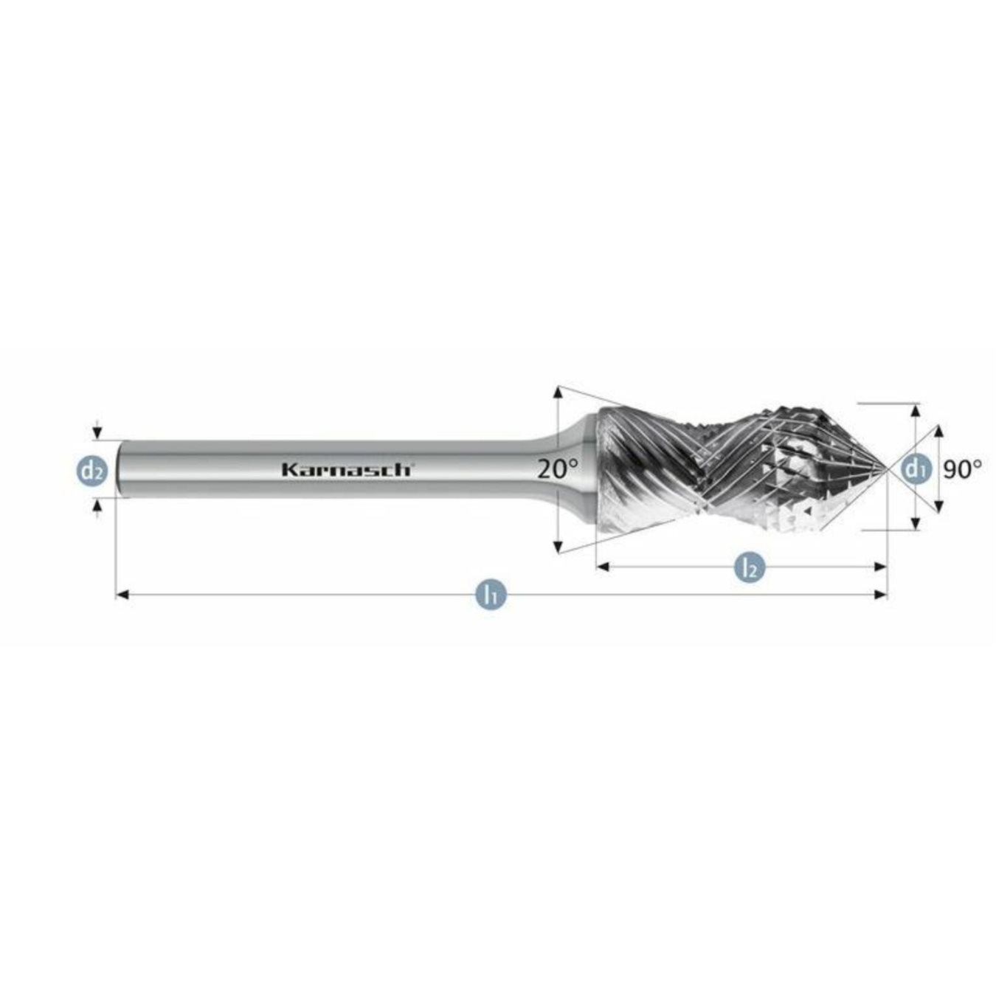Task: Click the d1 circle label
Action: point(915,468)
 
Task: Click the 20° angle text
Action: point(558,468)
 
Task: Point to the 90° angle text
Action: point(963,468)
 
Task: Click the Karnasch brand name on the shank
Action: point(347,469)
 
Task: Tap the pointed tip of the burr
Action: point(885,468)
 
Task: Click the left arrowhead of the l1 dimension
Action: point(122,594)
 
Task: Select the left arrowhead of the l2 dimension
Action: point(602,567)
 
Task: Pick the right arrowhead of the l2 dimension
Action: point(880,567)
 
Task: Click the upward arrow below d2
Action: point(97,505)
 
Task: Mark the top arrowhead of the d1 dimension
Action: point(916,410)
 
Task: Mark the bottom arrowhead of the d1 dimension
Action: point(916,523)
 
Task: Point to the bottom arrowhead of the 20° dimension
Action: point(558,546)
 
